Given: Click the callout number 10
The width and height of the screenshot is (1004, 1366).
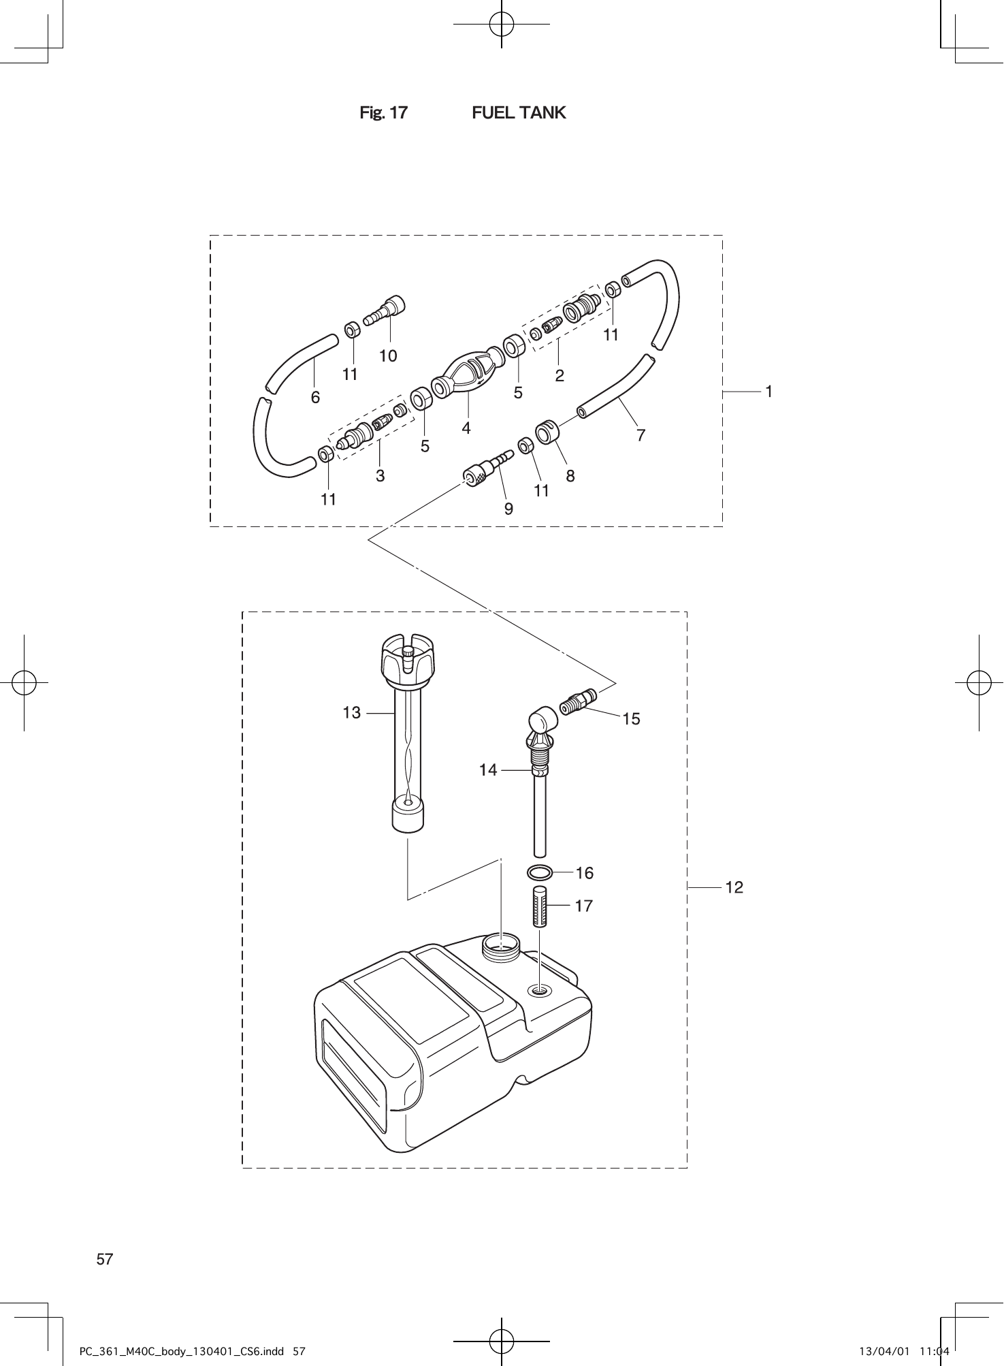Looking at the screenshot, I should tap(388, 355).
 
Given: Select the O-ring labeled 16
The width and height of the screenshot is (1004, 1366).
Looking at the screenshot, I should tap(539, 872).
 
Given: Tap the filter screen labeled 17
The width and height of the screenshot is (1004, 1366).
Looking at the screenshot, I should tap(540, 906).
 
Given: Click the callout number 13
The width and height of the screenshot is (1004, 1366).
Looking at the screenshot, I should tap(351, 713).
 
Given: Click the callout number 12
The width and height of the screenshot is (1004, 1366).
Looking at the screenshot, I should tap(734, 887).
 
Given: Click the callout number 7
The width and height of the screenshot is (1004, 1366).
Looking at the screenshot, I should tap(641, 434).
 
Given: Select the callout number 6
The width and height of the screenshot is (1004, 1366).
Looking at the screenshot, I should tap(315, 397).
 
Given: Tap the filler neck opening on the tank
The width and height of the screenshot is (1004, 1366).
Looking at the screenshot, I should tap(500, 945).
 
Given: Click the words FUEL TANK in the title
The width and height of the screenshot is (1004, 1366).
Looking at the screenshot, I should tap(519, 112).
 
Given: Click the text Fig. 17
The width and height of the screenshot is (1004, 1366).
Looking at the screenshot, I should tap(383, 112).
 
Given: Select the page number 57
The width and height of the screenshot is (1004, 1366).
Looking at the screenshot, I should tap(105, 1259).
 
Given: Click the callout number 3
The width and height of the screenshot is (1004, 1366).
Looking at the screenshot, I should tap(380, 475).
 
